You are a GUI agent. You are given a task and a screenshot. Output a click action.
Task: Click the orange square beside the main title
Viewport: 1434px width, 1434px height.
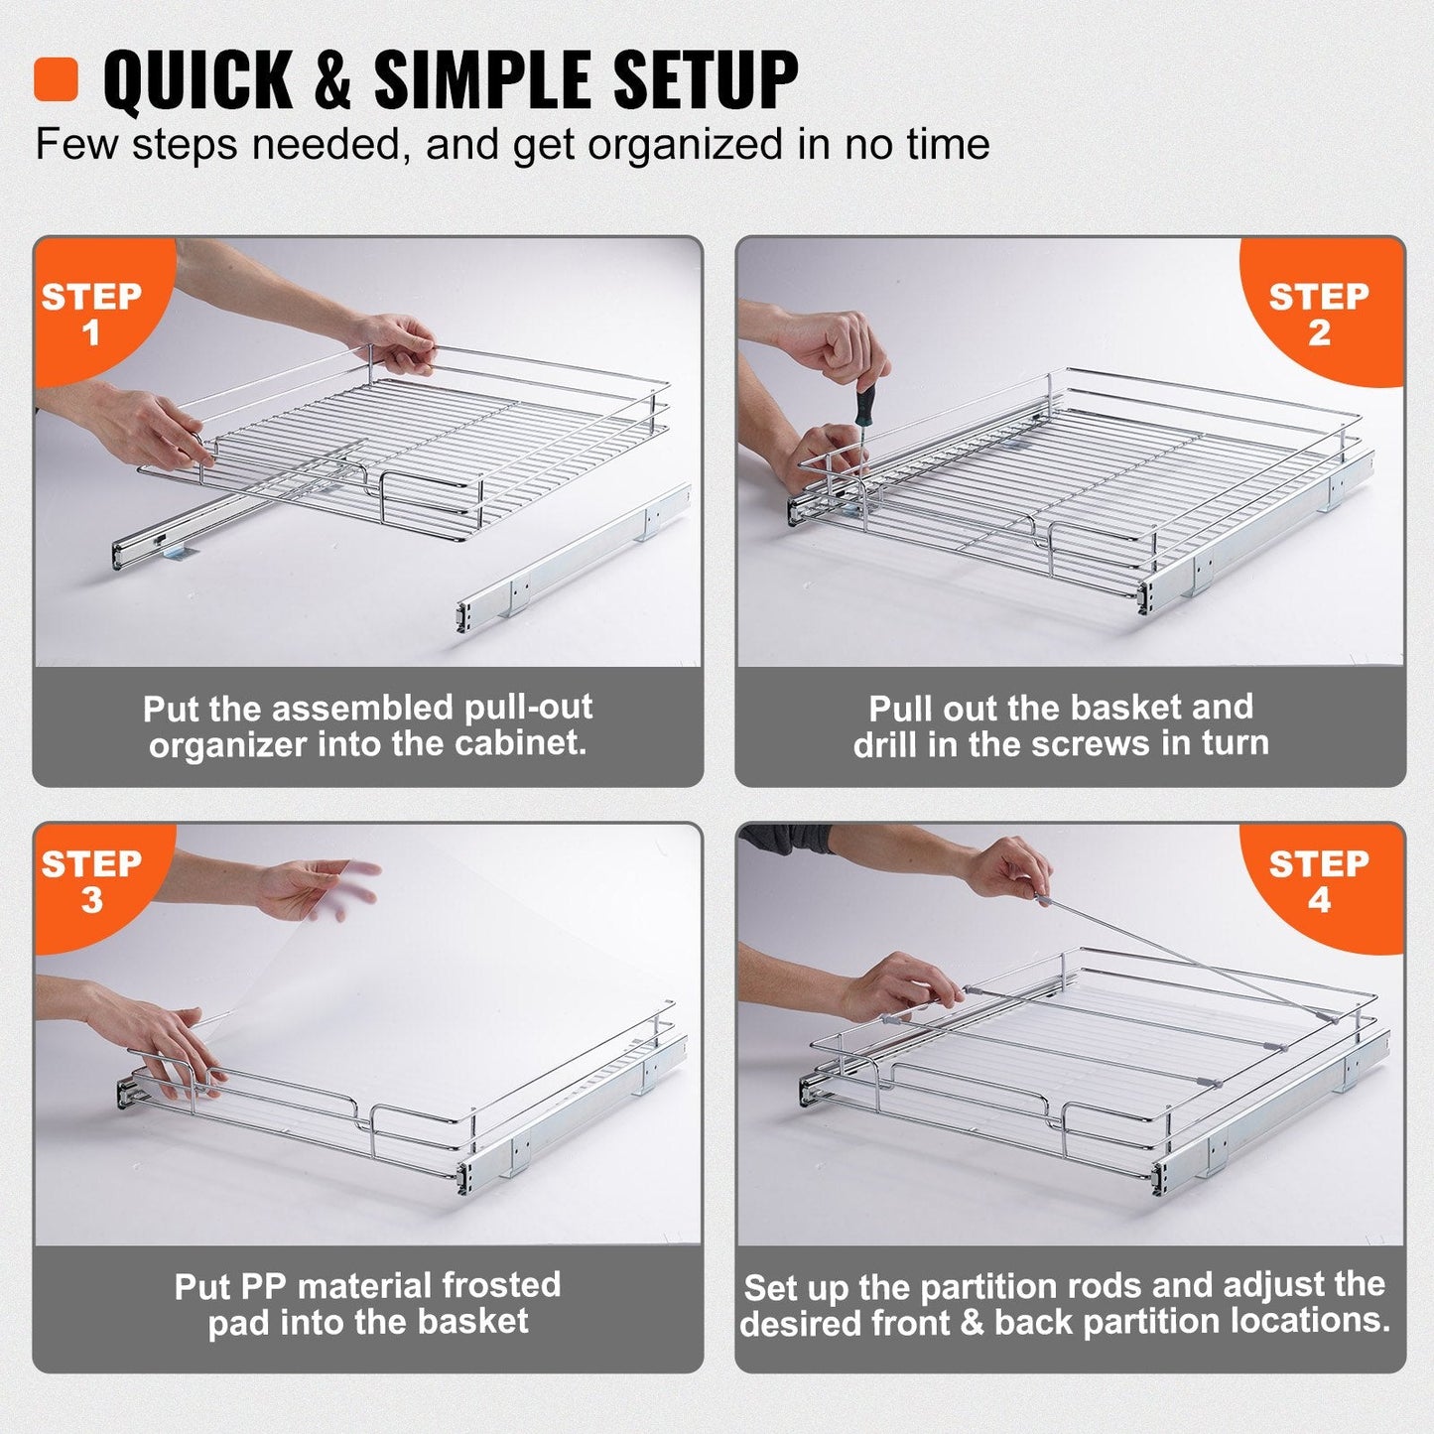[56, 78]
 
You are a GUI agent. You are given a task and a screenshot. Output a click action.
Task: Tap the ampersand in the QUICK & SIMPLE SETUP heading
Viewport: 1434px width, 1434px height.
[333, 79]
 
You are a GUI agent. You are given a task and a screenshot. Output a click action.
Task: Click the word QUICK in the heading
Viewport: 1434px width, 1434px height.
[197, 79]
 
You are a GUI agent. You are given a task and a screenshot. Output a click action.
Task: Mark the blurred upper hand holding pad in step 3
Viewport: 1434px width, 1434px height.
[318, 888]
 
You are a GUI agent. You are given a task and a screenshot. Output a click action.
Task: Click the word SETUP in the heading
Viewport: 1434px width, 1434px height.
[705, 79]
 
